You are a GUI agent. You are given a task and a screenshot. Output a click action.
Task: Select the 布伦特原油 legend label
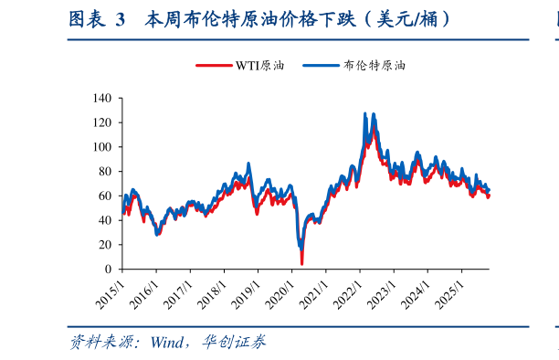[x=374, y=66]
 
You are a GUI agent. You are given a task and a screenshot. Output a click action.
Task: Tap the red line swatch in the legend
[x=215, y=66]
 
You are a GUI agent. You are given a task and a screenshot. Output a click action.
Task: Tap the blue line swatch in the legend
[x=321, y=66]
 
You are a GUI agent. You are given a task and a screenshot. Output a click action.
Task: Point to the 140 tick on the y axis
[x=102, y=98]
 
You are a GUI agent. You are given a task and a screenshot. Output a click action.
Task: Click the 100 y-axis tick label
[x=102, y=147]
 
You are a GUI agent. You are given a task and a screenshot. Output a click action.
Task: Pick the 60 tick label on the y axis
[x=105, y=196]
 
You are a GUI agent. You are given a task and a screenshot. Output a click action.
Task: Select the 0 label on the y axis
[x=108, y=270]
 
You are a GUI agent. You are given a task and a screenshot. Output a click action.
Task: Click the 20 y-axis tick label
[x=105, y=245]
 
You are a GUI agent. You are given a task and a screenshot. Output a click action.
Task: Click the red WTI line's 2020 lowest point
[x=301, y=263]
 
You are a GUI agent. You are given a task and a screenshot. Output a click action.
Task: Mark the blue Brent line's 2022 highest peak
[x=365, y=114]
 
